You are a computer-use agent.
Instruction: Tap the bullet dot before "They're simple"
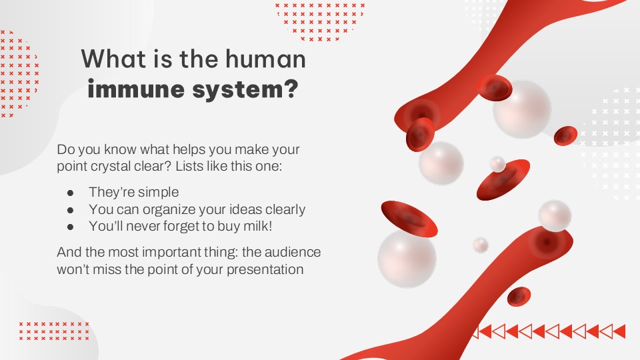(71, 193)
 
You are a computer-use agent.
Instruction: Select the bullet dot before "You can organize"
(71, 210)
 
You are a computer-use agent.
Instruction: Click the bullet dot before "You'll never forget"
(71, 227)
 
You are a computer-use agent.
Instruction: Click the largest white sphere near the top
(522, 109)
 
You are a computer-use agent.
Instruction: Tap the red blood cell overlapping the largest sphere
(495, 88)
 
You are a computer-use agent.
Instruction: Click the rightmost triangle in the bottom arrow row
(618, 331)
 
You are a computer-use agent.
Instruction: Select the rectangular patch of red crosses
(53, 331)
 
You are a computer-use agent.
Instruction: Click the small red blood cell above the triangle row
(518, 297)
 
